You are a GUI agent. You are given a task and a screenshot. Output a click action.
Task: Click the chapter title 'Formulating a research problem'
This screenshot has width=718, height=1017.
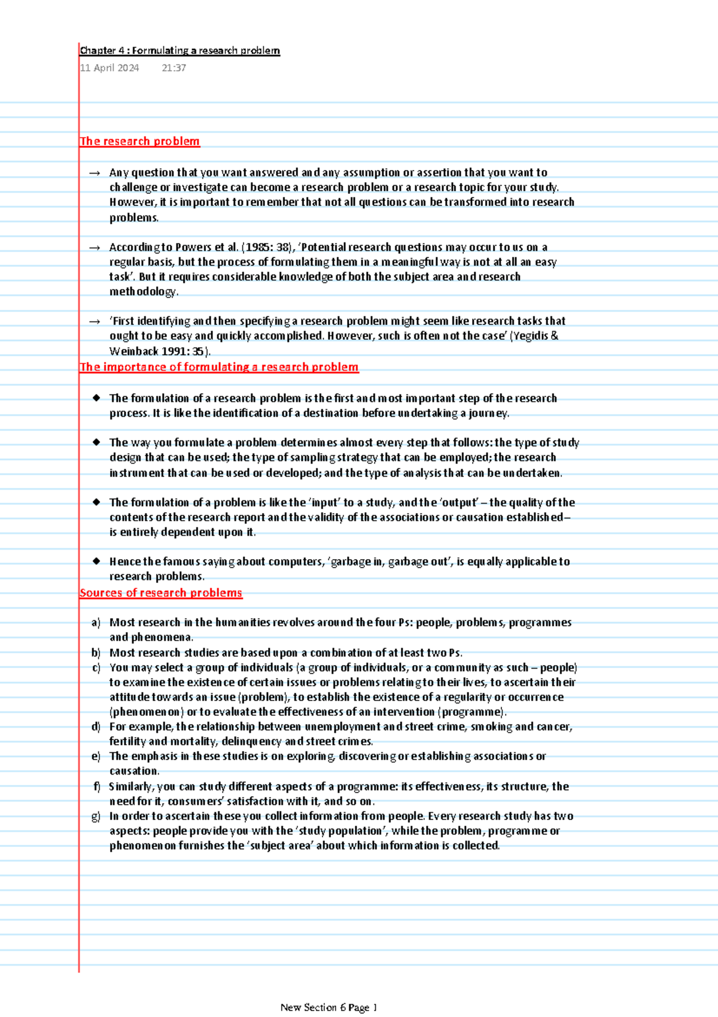180,51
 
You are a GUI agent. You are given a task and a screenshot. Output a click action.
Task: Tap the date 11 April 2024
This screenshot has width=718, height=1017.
109,68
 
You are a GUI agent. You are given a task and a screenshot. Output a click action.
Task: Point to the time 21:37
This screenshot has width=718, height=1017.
174,68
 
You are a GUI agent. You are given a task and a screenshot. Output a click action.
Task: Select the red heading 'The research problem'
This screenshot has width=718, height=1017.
139,141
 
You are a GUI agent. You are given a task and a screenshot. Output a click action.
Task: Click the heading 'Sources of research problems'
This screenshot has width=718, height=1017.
160,593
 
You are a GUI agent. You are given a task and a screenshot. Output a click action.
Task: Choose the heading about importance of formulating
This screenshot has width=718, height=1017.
219,367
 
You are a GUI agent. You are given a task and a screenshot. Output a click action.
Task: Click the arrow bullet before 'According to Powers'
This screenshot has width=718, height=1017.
95,247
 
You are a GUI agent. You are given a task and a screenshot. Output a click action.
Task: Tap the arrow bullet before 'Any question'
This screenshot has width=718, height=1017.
95,173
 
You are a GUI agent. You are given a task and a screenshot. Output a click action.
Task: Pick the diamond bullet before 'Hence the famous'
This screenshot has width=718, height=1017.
96,561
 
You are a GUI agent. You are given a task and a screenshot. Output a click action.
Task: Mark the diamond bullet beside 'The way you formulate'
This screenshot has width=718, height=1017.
96,442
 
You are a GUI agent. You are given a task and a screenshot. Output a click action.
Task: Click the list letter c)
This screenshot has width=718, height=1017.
96,667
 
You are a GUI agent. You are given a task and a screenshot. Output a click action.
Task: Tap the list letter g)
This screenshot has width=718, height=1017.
96,816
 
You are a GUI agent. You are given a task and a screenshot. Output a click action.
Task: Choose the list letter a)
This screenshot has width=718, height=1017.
96,623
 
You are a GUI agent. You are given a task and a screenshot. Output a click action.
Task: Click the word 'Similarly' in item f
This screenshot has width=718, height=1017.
130,787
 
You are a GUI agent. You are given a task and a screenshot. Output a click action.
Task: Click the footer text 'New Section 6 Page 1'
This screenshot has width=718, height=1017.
328,1007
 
